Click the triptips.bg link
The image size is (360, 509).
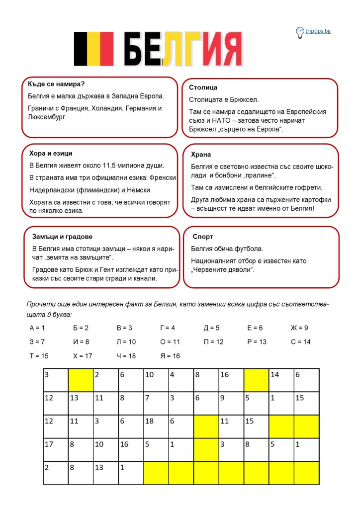[318, 31]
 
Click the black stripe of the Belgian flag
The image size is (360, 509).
[81, 49]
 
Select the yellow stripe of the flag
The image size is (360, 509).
[93, 49]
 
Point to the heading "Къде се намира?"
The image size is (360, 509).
[56, 84]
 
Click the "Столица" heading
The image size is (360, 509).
[203, 87]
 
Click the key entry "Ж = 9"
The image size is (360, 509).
[299, 328]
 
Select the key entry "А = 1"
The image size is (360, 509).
[37, 328]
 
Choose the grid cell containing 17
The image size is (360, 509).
[55, 450]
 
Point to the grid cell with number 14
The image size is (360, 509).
[281, 381]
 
